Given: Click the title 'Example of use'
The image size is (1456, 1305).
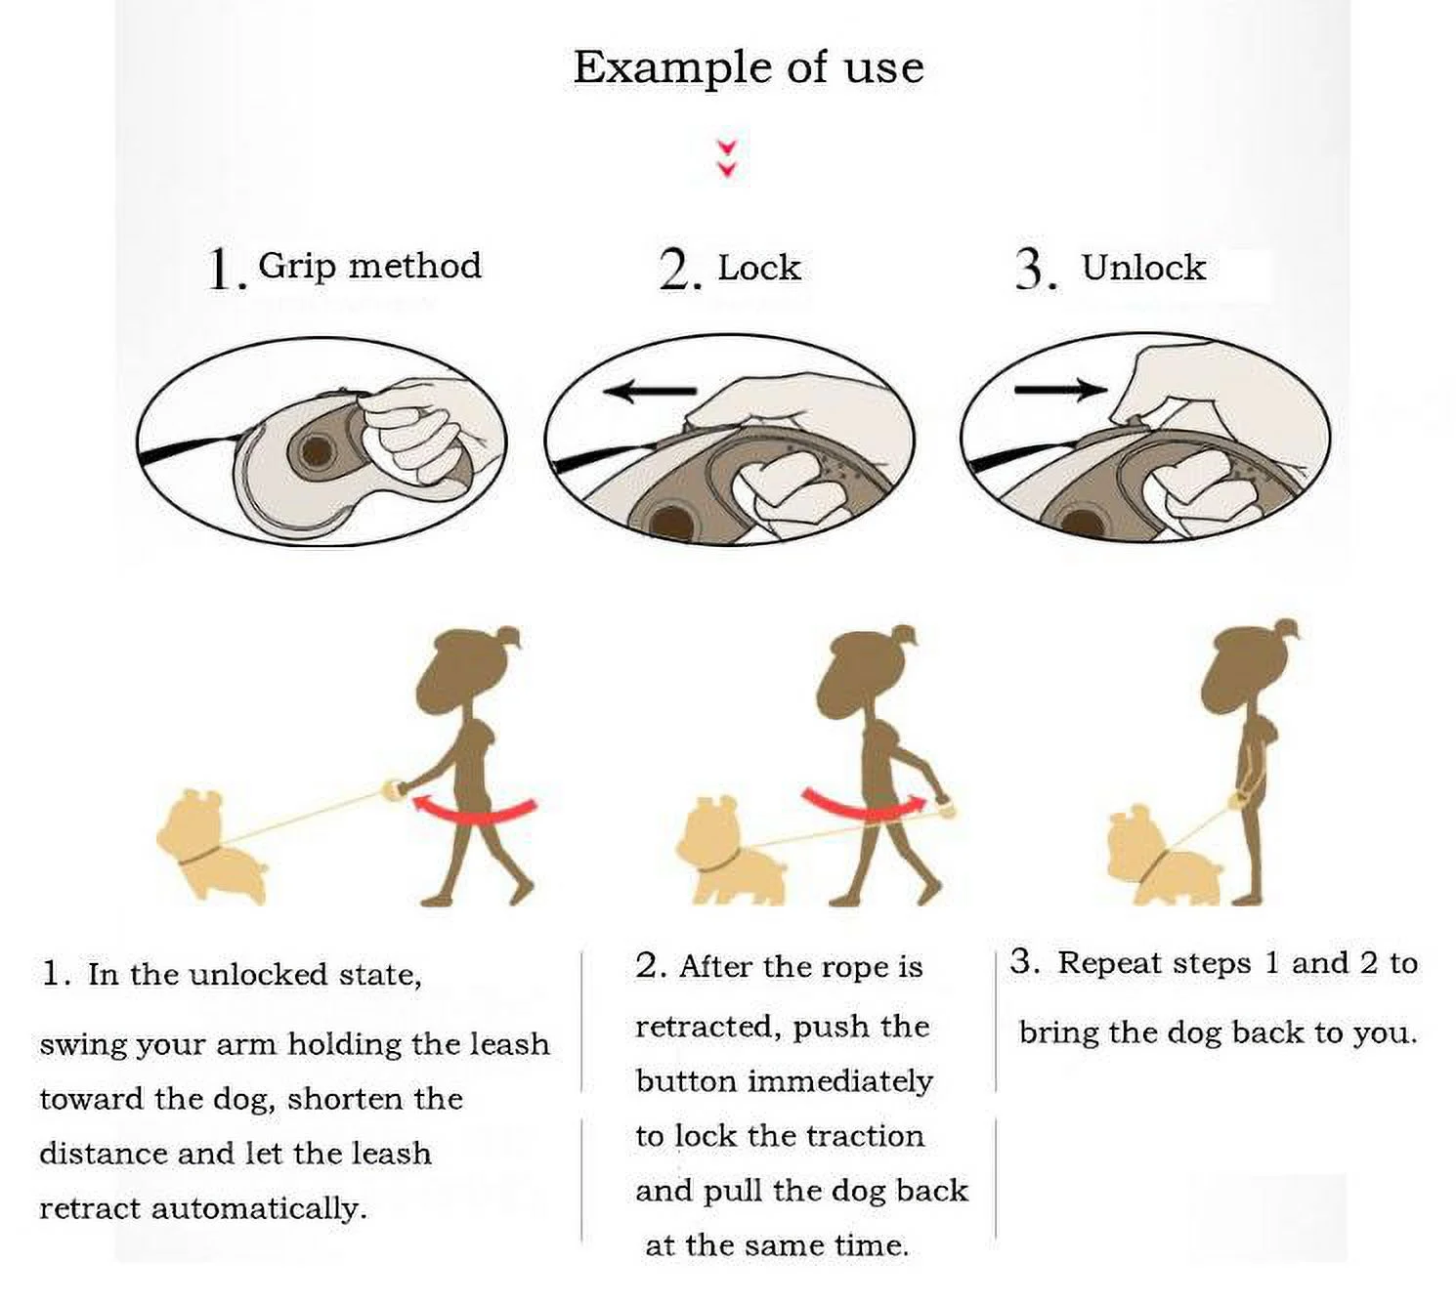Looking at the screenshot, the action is pos(749,68).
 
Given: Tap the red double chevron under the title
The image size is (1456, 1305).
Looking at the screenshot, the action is pos(727,159).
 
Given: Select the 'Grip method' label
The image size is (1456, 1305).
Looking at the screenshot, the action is pos(369,267).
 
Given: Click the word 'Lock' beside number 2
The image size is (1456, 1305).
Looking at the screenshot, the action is pos(759,268).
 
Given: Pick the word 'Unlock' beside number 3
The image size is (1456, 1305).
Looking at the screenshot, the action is pos(1143,268).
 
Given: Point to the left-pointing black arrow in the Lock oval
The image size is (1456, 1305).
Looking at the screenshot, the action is pos(650,392).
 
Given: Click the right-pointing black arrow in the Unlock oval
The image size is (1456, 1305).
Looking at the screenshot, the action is pos(1061,390).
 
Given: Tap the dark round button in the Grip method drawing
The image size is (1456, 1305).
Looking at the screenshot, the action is pos(315,450).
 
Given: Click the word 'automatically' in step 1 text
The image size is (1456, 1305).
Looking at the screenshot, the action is pos(259,1209).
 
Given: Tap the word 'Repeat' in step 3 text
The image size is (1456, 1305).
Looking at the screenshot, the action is pos(1110,964).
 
